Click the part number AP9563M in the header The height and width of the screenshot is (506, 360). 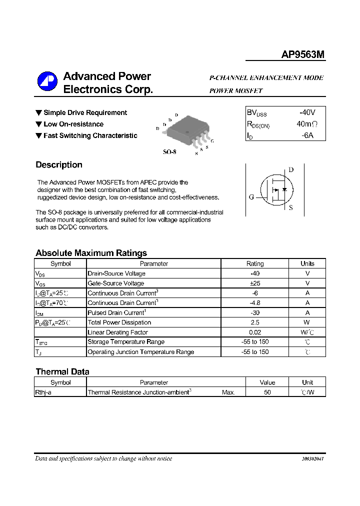[x=303, y=55]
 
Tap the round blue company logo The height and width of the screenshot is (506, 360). [x=47, y=82]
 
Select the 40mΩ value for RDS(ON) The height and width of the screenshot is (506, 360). [x=307, y=124]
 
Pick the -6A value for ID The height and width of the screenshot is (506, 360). [x=307, y=135]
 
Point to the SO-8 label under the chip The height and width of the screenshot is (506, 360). [x=169, y=151]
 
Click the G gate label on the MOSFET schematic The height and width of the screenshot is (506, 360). [x=251, y=197]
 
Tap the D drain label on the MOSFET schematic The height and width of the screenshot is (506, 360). [x=291, y=169]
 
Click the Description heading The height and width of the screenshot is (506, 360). [x=59, y=165]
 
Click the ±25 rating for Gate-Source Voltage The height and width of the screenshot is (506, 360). [x=254, y=283]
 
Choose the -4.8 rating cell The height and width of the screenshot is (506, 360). [x=254, y=303]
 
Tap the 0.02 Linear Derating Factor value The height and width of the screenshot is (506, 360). [x=254, y=332]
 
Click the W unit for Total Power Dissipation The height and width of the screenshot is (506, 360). [x=307, y=322]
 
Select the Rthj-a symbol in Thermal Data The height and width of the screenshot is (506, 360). [x=43, y=392]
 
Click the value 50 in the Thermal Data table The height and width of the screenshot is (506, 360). [x=267, y=392]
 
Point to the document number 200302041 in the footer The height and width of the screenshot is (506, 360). [x=312, y=459]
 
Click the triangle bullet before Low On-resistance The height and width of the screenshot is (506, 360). [x=38, y=124]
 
